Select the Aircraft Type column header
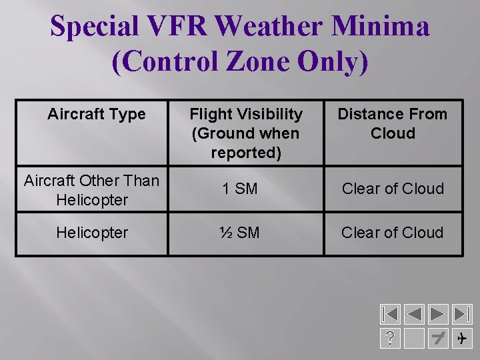96,114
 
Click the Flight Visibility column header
245,133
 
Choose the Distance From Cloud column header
392,123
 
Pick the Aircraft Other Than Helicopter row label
91,189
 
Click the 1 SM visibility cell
240,189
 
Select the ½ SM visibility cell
240,233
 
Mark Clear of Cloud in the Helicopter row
392,233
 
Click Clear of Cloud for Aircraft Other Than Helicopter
392,189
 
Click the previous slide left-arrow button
415,314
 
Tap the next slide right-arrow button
438,314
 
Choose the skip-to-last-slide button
461,314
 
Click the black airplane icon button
461,339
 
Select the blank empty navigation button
415,339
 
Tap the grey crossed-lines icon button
438,339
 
